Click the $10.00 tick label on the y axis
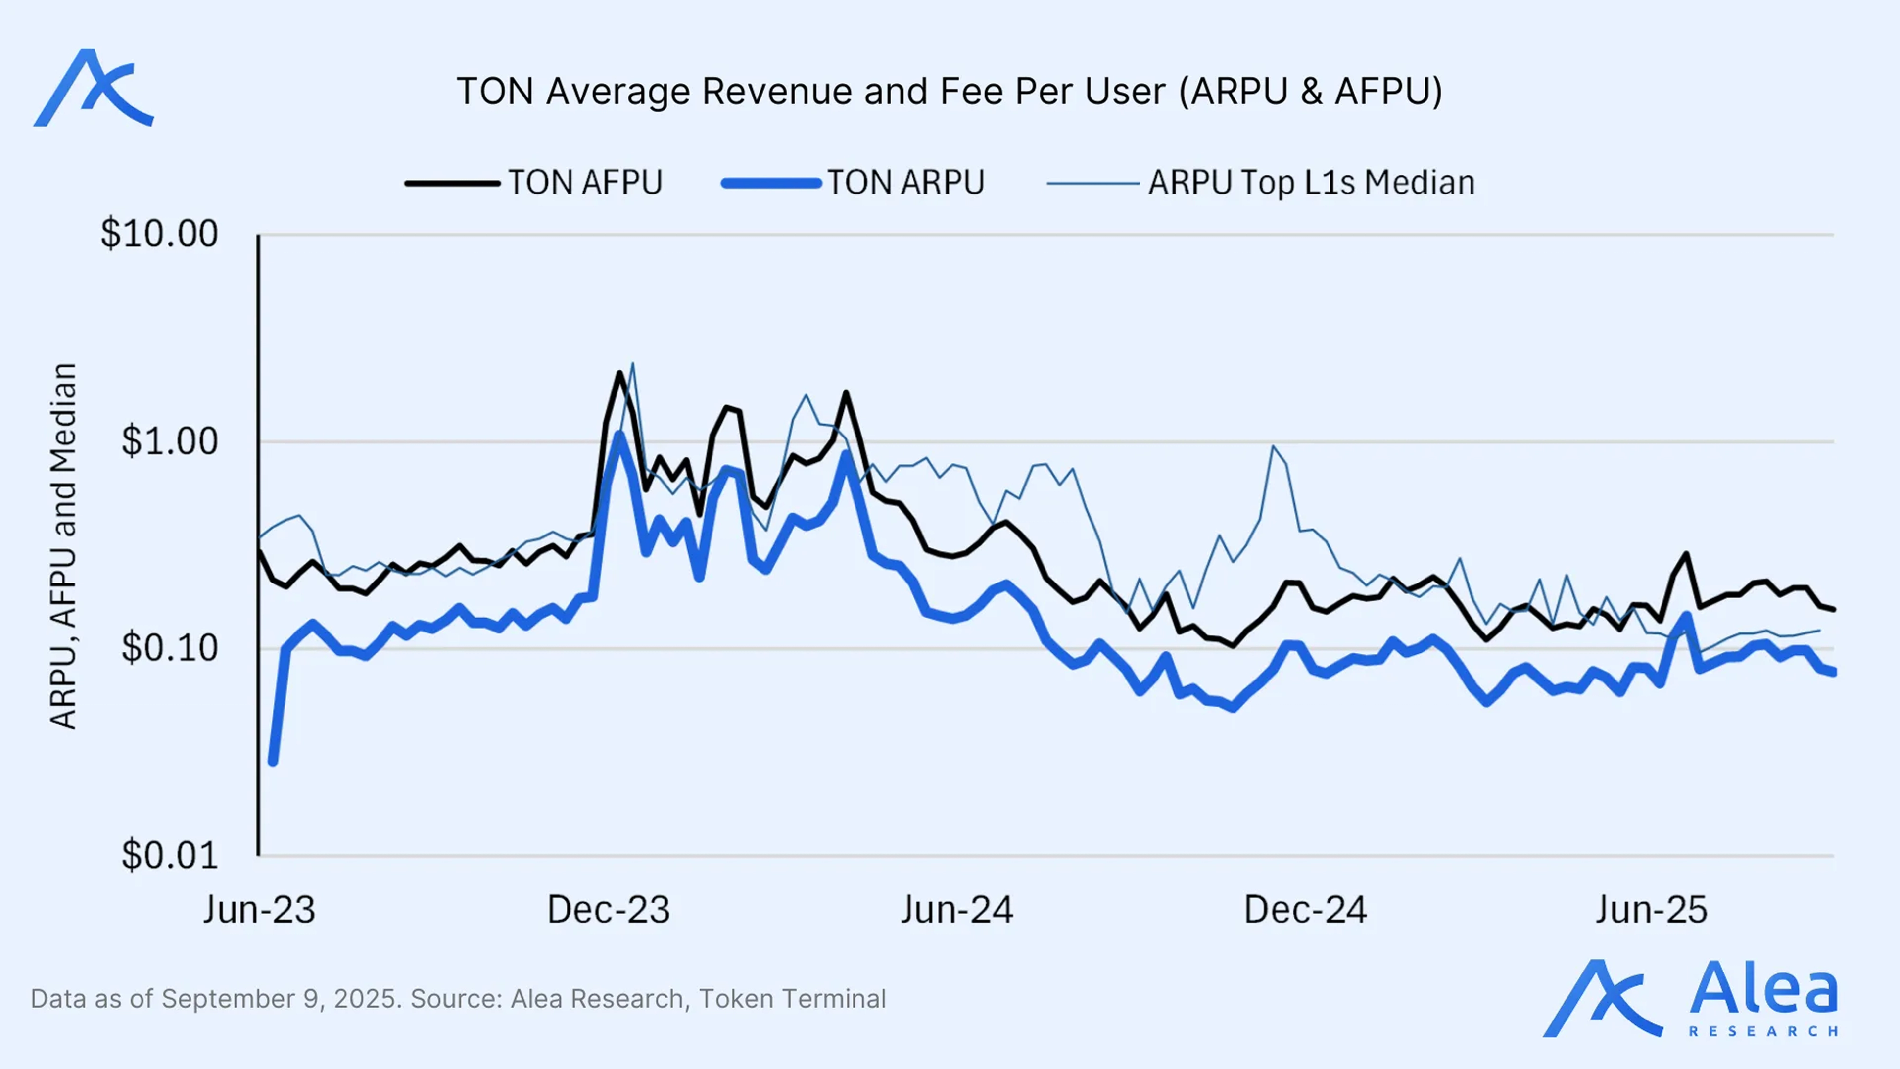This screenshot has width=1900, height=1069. tap(159, 235)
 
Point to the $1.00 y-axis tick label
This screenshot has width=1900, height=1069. tap(170, 442)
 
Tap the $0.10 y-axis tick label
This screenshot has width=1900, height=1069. tap(170, 648)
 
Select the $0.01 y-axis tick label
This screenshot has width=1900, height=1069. tap(170, 856)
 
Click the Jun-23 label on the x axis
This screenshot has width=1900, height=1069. tap(259, 910)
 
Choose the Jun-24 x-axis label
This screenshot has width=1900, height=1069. tap(956, 910)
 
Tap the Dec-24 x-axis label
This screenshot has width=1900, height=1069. tap(1305, 910)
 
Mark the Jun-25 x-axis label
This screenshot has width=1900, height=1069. tap(1652, 910)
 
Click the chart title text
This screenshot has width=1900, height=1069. tap(950, 92)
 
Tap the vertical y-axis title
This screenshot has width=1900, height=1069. tap(63, 546)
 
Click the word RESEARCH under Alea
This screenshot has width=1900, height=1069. tap(1763, 1031)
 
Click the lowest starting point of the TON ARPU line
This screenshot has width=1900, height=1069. tap(273, 761)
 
